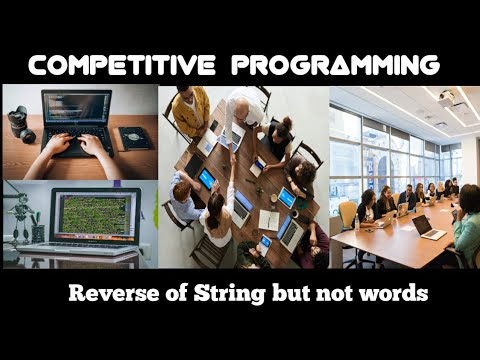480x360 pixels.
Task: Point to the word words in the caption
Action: click(x=393, y=295)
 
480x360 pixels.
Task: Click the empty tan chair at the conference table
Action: click(x=347, y=213)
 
